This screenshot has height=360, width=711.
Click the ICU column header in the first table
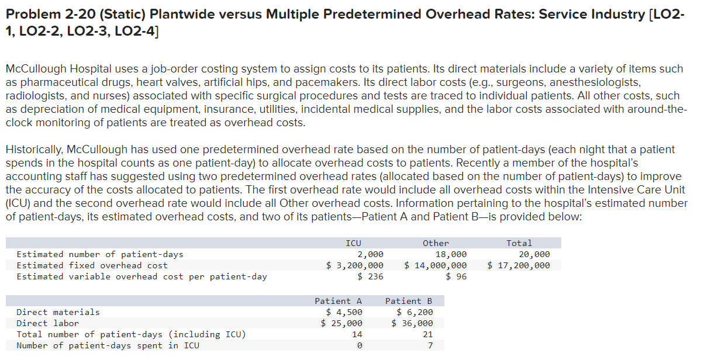(x=353, y=243)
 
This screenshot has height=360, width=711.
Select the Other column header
(x=436, y=243)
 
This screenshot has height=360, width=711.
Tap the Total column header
(x=519, y=243)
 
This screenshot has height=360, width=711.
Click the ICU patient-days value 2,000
(x=371, y=254)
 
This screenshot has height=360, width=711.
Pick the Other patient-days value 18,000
(x=451, y=254)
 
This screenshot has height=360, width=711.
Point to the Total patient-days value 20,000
(x=534, y=254)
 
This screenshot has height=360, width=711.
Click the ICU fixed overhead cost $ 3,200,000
(x=355, y=265)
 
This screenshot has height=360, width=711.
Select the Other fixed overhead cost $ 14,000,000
(x=436, y=265)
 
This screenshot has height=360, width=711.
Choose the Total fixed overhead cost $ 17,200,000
(x=519, y=265)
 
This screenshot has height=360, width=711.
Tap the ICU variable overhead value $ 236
(x=371, y=276)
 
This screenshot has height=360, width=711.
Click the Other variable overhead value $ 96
(x=456, y=276)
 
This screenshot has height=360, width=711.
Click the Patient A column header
(x=338, y=301)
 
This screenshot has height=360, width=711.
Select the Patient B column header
(x=408, y=301)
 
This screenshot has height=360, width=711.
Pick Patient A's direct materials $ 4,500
(x=344, y=312)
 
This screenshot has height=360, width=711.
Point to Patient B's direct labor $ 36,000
(x=412, y=323)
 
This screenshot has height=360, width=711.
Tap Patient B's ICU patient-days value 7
(x=430, y=345)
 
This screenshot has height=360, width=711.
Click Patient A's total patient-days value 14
(x=357, y=334)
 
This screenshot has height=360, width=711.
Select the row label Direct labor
(x=47, y=323)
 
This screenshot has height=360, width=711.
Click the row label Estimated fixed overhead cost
(x=92, y=265)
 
